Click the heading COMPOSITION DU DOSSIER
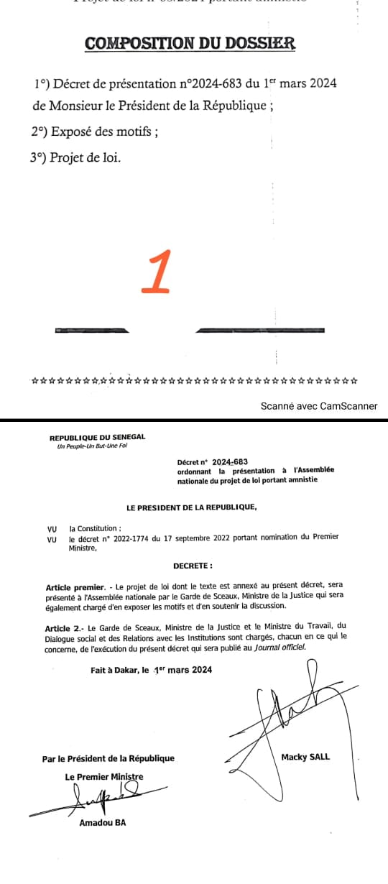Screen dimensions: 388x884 tap(190, 43)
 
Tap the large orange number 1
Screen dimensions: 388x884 tap(157, 272)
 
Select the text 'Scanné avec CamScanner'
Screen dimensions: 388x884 tap(318, 406)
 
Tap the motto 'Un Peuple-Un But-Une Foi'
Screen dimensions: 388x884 tap(91, 446)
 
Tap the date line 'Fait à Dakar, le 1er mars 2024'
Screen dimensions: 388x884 tap(147, 671)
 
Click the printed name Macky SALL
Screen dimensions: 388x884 tap(305, 757)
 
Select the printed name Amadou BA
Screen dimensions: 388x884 tap(102, 823)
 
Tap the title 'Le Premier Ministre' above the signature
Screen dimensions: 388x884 tap(103, 777)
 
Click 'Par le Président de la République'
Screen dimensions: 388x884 tap(108, 758)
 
